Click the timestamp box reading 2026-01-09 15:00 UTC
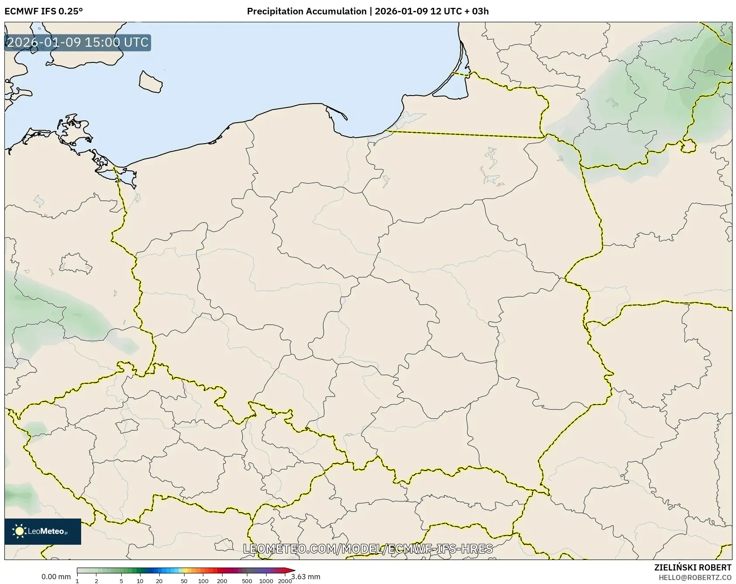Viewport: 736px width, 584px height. click(78, 43)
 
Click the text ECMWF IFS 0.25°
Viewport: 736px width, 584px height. click(44, 11)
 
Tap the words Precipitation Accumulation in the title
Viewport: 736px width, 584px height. click(307, 11)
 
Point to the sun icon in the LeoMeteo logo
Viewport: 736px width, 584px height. click(19, 531)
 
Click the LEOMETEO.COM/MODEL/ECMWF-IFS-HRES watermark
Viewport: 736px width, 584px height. click(368, 549)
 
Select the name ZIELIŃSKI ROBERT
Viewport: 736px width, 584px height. click(693, 567)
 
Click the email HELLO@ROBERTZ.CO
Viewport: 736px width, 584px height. click(695, 577)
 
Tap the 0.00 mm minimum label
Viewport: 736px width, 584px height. click(56, 577)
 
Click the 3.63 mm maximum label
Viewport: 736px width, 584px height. click(306, 577)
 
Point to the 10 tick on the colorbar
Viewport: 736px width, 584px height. click(140, 581)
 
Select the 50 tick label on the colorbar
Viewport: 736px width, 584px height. click(184, 581)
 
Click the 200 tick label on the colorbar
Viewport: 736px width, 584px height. click(222, 581)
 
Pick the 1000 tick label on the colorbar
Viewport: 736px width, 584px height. click(266, 581)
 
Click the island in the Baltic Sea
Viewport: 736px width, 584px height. click(151, 82)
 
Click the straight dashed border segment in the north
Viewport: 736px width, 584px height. click(465, 134)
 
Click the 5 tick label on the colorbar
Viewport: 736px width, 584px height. click(121, 581)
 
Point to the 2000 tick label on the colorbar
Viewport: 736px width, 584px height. click(285, 581)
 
